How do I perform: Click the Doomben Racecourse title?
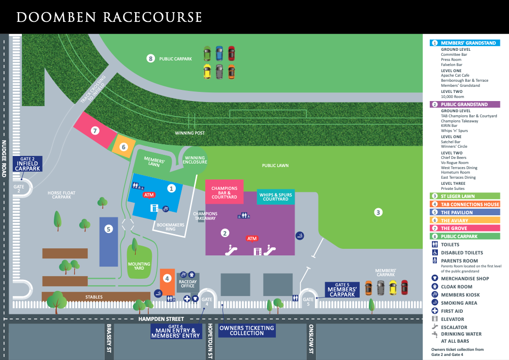[x=109, y=17]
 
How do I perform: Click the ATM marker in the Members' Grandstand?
[x=149, y=194]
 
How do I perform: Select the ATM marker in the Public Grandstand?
[x=251, y=238]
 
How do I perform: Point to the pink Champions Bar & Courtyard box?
[x=225, y=191]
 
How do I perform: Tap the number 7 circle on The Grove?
[x=94, y=130]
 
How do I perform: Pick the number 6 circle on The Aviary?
[x=123, y=147]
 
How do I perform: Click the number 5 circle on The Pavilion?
[x=108, y=229]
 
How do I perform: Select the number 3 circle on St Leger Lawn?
[x=378, y=212]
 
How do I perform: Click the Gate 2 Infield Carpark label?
[x=27, y=163]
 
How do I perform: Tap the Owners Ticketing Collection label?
[x=246, y=331]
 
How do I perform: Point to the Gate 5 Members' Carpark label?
[x=342, y=290]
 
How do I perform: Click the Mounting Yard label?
[x=139, y=267]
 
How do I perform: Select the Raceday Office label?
[x=187, y=283]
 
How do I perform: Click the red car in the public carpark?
[x=231, y=53]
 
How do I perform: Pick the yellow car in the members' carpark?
[x=392, y=287]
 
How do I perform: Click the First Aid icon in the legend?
[x=435, y=311]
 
